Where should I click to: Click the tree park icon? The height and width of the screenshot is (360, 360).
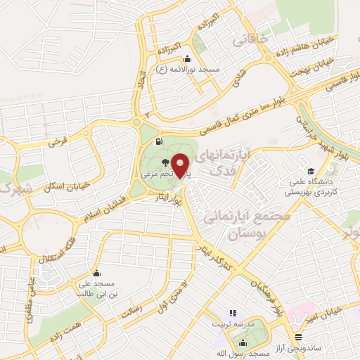coord(165,162)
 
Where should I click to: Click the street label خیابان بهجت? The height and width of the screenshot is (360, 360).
coord(326,66)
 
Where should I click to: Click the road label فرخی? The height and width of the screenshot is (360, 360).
coord(58,142)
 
